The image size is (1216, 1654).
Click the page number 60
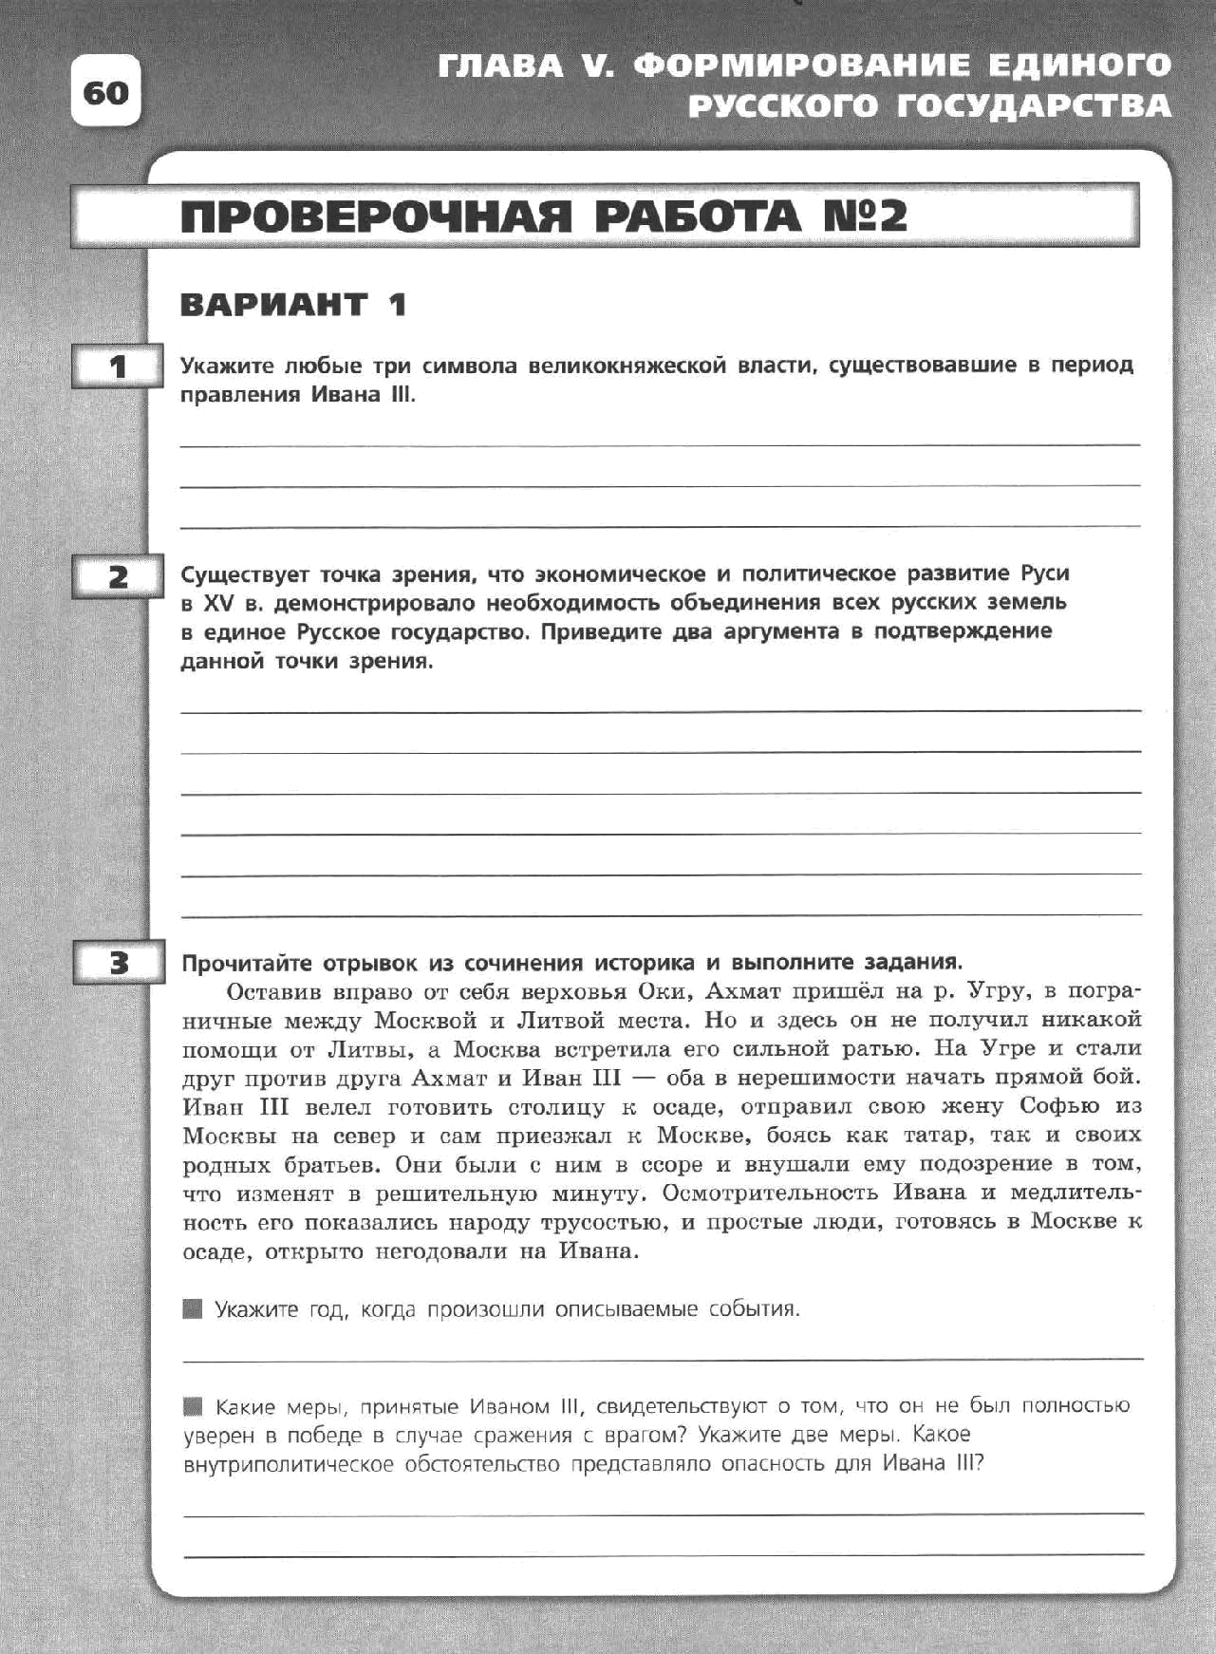point(105,93)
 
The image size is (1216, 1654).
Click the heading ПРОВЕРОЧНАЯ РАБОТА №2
point(543,216)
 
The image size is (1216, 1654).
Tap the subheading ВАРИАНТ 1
point(293,305)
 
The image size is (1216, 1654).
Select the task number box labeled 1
point(118,367)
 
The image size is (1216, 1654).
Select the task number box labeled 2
point(118,577)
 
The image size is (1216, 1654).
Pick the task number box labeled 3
point(118,965)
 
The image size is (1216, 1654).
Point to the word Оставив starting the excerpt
point(273,992)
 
